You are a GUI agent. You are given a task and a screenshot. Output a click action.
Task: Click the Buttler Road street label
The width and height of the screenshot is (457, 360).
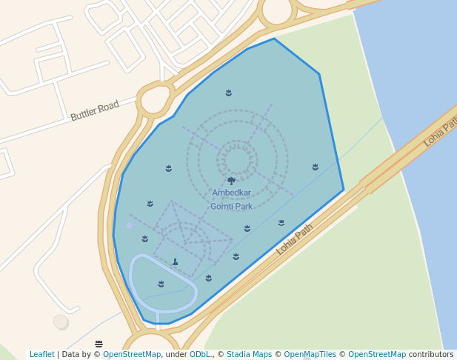(x=95, y=110)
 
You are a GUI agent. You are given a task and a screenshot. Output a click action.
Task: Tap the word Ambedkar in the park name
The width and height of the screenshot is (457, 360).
(x=232, y=193)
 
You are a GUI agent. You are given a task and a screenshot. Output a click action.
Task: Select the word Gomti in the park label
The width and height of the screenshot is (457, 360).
(x=222, y=207)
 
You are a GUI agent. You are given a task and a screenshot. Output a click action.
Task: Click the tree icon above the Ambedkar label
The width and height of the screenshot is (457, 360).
(x=232, y=181)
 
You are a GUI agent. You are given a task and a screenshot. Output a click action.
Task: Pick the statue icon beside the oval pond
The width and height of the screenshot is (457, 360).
(x=175, y=261)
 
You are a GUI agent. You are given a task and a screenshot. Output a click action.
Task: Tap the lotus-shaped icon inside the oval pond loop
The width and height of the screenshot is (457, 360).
(x=161, y=284)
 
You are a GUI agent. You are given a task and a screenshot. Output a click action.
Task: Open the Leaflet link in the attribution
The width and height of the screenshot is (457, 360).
(x=41, y=355)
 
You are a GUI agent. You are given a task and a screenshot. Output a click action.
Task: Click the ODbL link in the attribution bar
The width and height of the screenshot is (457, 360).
(x=199, y=355)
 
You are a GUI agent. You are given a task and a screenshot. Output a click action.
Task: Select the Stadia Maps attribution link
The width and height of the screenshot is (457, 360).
(x=250, y=355)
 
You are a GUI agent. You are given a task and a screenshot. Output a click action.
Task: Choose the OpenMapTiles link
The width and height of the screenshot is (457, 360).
(x=310, y=355)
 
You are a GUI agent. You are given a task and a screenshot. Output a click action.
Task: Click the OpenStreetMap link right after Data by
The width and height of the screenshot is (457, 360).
(x=132, y=355)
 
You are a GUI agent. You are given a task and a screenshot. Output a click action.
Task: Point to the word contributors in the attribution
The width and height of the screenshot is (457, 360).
(x=431, y=355)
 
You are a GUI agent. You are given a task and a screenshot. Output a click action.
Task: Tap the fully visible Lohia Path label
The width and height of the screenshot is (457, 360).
(x=295, y=239)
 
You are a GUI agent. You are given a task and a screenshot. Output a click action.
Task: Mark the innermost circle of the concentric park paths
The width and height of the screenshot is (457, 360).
(x=237, y=160)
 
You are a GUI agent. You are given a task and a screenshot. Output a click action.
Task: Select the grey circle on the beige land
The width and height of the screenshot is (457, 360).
(x=61, y=321)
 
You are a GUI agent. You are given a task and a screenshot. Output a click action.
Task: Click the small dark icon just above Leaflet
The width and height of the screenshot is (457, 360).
(x=99, y=344)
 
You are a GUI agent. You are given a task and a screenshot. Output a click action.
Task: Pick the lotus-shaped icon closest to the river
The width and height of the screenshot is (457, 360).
(x=316, y=167)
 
